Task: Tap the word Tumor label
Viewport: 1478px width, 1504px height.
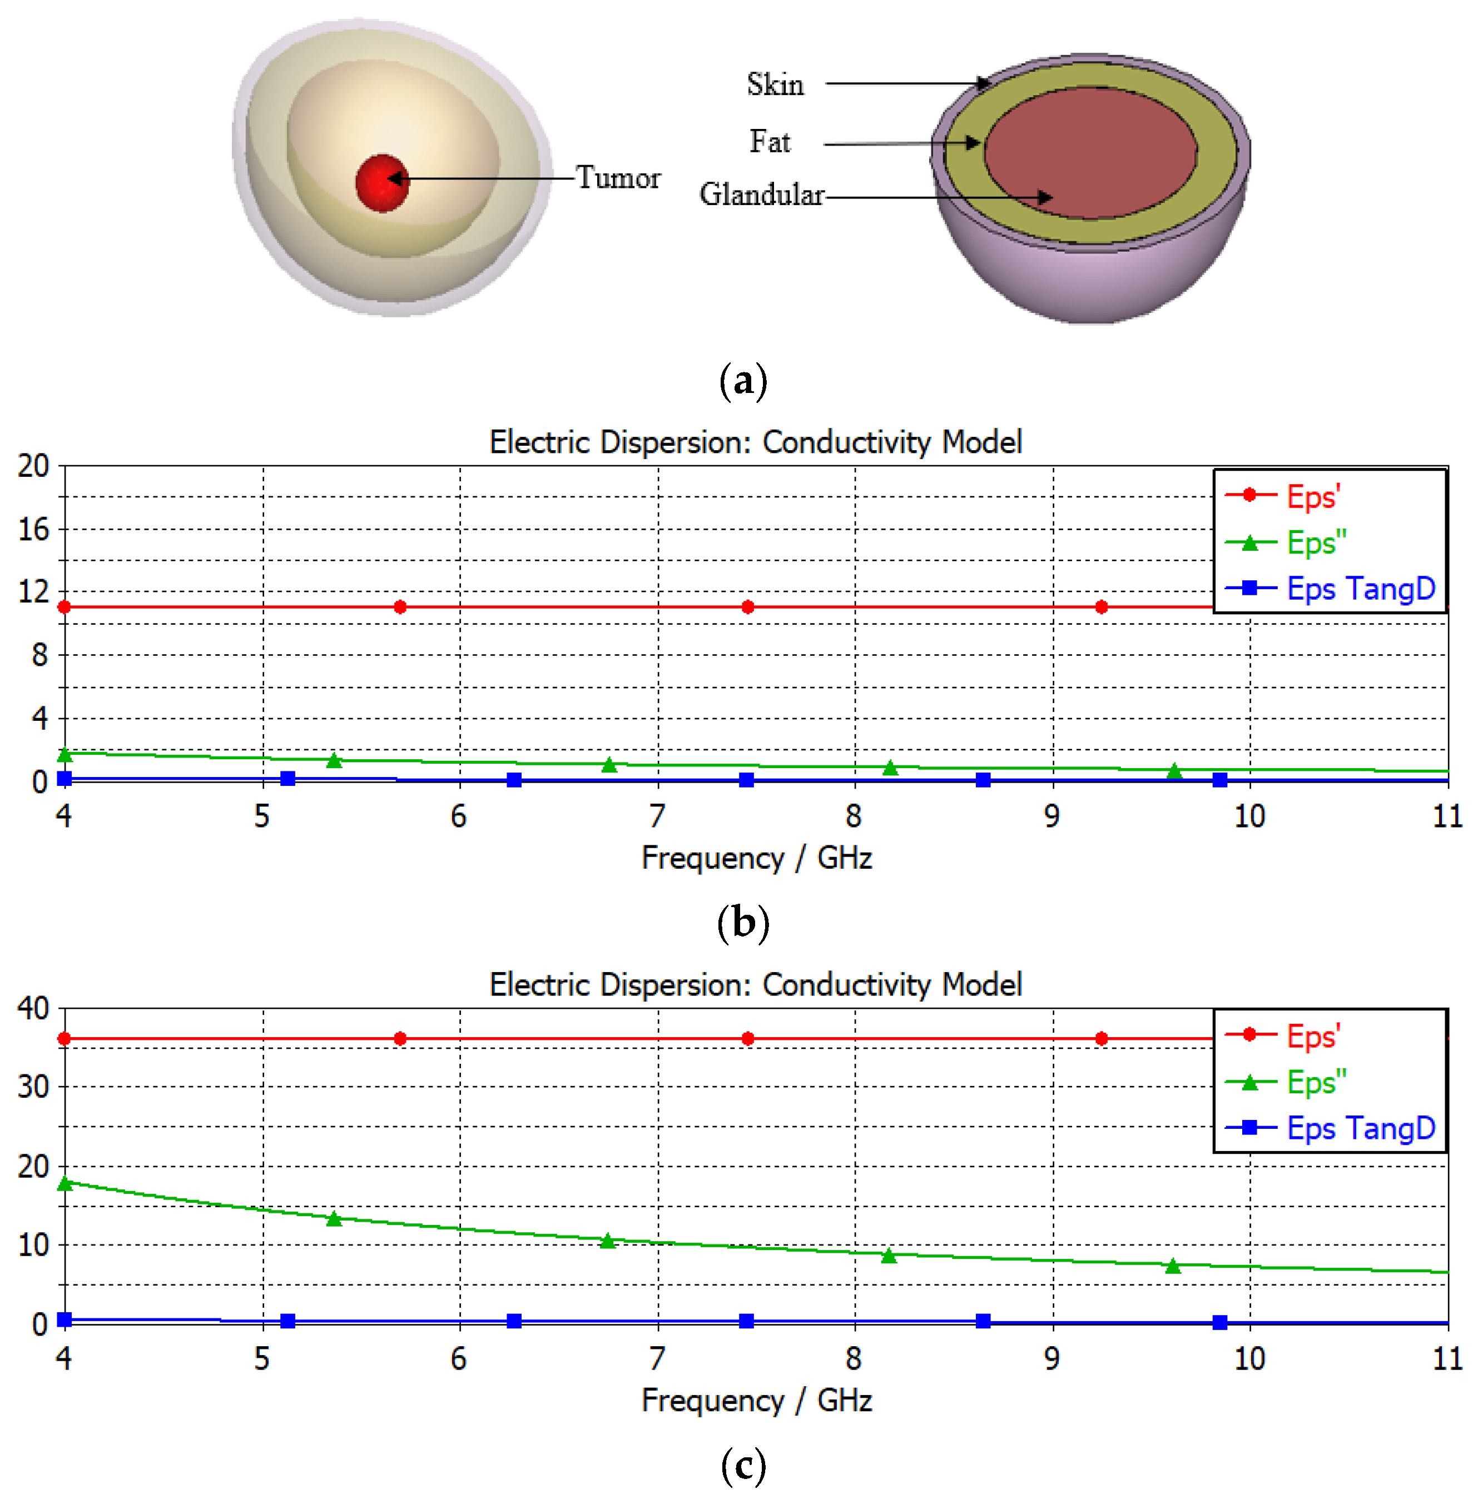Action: click(x=618, y=178)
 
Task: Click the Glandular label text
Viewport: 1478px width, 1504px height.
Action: click(x=761, y=195)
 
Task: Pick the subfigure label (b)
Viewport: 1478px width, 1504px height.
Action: click(x=743, y=923)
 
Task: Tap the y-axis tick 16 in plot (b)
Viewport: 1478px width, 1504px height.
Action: click(x=33, y=530)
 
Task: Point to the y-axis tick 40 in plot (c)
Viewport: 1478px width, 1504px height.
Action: click(x=33, y=1009)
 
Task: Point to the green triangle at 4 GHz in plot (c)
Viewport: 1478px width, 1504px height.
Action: click(x=65, y=1183)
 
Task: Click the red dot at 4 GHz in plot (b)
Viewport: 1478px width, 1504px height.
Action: click(x=65, y=607)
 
